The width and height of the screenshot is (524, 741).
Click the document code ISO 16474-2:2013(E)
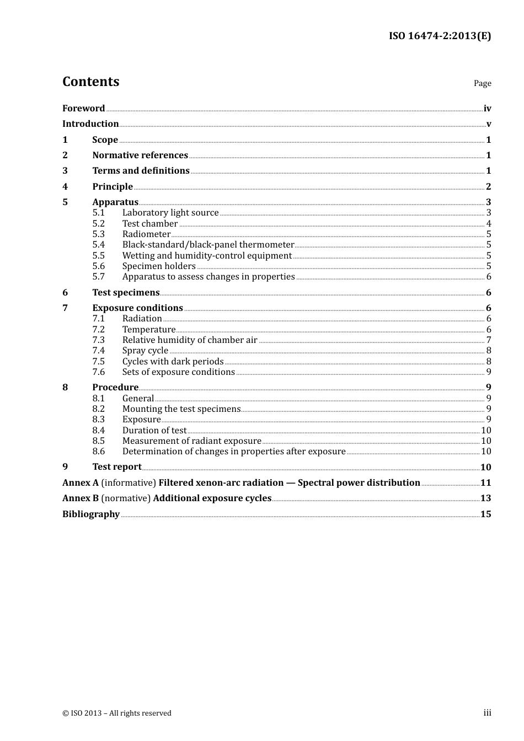click(440, 36)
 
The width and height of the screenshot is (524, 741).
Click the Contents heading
click(90, 82)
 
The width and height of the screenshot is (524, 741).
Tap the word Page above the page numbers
click(482, 83)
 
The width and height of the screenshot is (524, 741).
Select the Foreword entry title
click(83, 109)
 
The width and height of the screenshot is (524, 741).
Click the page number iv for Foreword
click(487, 109)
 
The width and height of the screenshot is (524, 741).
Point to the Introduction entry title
click(90, 124)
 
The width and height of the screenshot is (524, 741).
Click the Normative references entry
click(140, 155)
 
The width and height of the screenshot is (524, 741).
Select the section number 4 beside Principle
click(65, 186)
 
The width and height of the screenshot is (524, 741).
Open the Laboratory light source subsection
click(170, 213)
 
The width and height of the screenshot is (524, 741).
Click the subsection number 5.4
click(98, 245)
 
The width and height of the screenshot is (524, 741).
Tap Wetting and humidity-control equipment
click(207, 256)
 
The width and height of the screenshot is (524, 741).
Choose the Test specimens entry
click(126, 293)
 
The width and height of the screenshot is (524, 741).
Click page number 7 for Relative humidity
click(488, 340)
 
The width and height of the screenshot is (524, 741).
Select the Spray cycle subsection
click(145, 351)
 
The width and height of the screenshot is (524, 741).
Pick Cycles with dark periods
click(173, 362)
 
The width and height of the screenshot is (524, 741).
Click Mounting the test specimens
click(181, 409)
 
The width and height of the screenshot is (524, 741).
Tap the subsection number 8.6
click(98, 452)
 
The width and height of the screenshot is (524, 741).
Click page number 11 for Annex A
click(485, 483)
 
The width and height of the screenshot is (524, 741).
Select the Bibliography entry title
click(91, 514)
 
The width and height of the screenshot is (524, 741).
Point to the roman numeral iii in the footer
click(487, 713)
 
